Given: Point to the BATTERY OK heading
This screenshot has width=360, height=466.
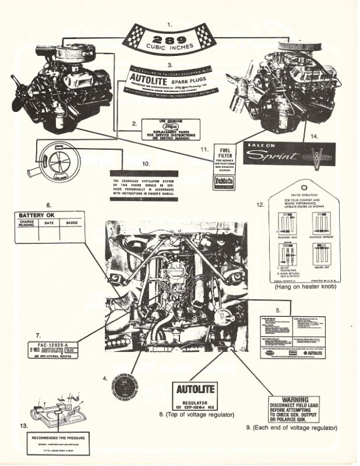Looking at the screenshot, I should (x=37, y=214).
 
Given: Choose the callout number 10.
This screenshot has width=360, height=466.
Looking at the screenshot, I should (x=144, y=165).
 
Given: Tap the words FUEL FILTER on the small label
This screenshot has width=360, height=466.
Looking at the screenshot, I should (x=224, y=153).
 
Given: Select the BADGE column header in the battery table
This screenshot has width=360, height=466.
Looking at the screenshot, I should (x=72, y=222).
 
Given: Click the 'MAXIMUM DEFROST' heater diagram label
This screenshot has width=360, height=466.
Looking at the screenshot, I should (x=322, y=235).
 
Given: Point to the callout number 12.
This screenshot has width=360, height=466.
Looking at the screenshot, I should (x=260, y=204).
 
